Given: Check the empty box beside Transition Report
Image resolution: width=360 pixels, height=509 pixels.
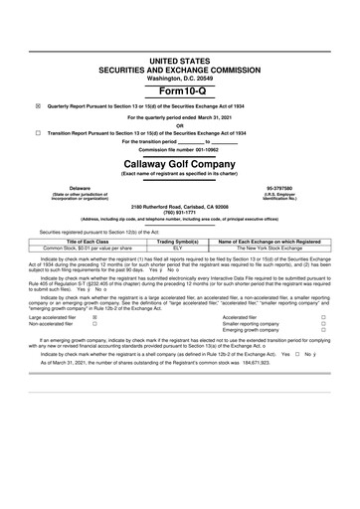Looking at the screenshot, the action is click(x=38, y=132).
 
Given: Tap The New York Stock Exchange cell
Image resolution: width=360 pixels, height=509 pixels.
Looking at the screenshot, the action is click(x=270, y=248).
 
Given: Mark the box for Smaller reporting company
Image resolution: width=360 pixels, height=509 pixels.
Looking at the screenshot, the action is click(x=324, y=324).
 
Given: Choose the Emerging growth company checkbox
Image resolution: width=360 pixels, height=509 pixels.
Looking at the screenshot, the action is click(x=324, y=331).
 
